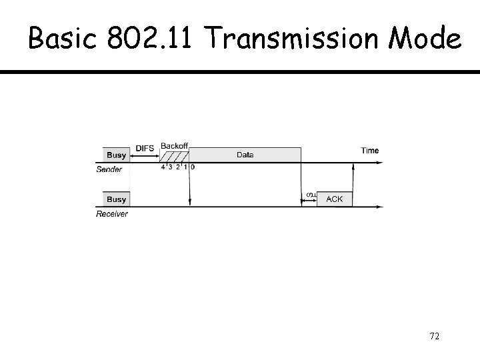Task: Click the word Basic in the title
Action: [63, 37]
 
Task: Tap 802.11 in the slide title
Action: [149, 37]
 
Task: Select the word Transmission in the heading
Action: [291, 37]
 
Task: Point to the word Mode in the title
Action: [425, 37]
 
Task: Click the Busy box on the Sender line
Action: [116, 155]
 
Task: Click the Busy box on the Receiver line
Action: [116, 199]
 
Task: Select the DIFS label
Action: [145, 149]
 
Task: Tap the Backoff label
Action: [174, 146]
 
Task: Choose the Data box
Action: [245, 155]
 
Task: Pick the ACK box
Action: [335, 199]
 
